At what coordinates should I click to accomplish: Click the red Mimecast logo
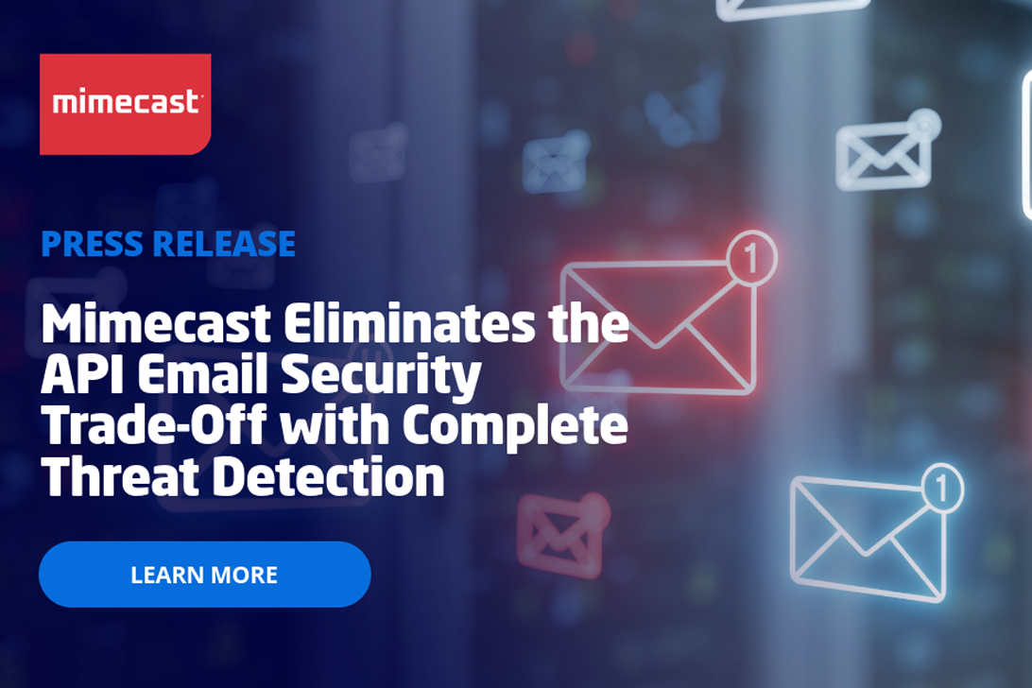(125, 104)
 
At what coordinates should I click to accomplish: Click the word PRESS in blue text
(92, 244)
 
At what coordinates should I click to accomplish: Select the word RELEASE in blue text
(224, 244)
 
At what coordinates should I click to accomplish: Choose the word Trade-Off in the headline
(154, 424)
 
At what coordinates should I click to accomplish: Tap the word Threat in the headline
(120, 476)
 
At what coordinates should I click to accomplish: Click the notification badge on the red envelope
(752, 258)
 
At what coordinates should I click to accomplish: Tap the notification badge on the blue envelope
(941, 489)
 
